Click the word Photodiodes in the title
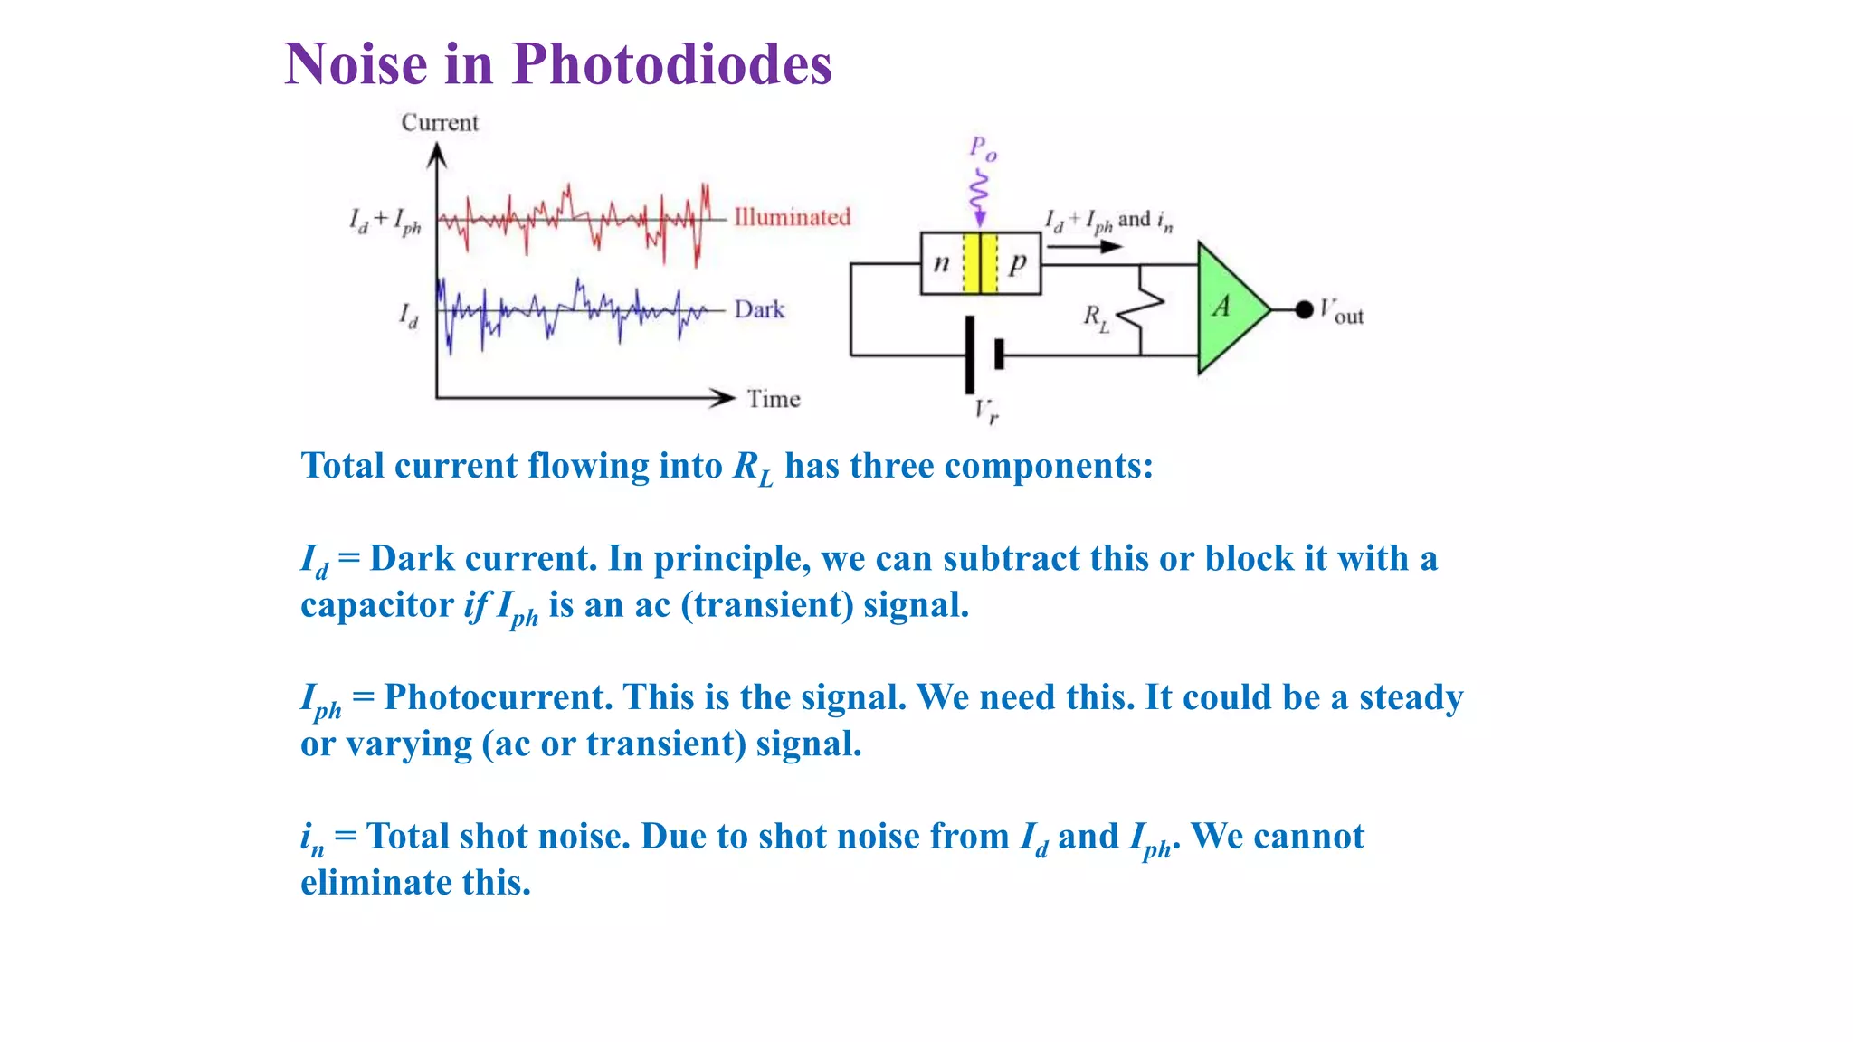[x=671, y=65]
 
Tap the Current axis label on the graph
[x=440, y=123]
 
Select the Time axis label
[x=774, y=399]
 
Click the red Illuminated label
[x=792, y=217]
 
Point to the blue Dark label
[x=759, y=309]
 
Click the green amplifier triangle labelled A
[x=1230, y=308]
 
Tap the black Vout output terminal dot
[x=1304, y=310]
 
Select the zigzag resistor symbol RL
[x=1140, y=310]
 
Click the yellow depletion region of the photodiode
[x=980, y=263]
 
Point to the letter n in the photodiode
[x=941, y=263]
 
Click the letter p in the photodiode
[x=1018, y=263]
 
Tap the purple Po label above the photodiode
[x=983, y=148]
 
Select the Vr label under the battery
[x=986, y=412]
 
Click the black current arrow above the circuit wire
[x=1085, y=246]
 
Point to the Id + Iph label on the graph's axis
[x=385, y=221]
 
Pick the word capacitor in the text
[x=376, y=605]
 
